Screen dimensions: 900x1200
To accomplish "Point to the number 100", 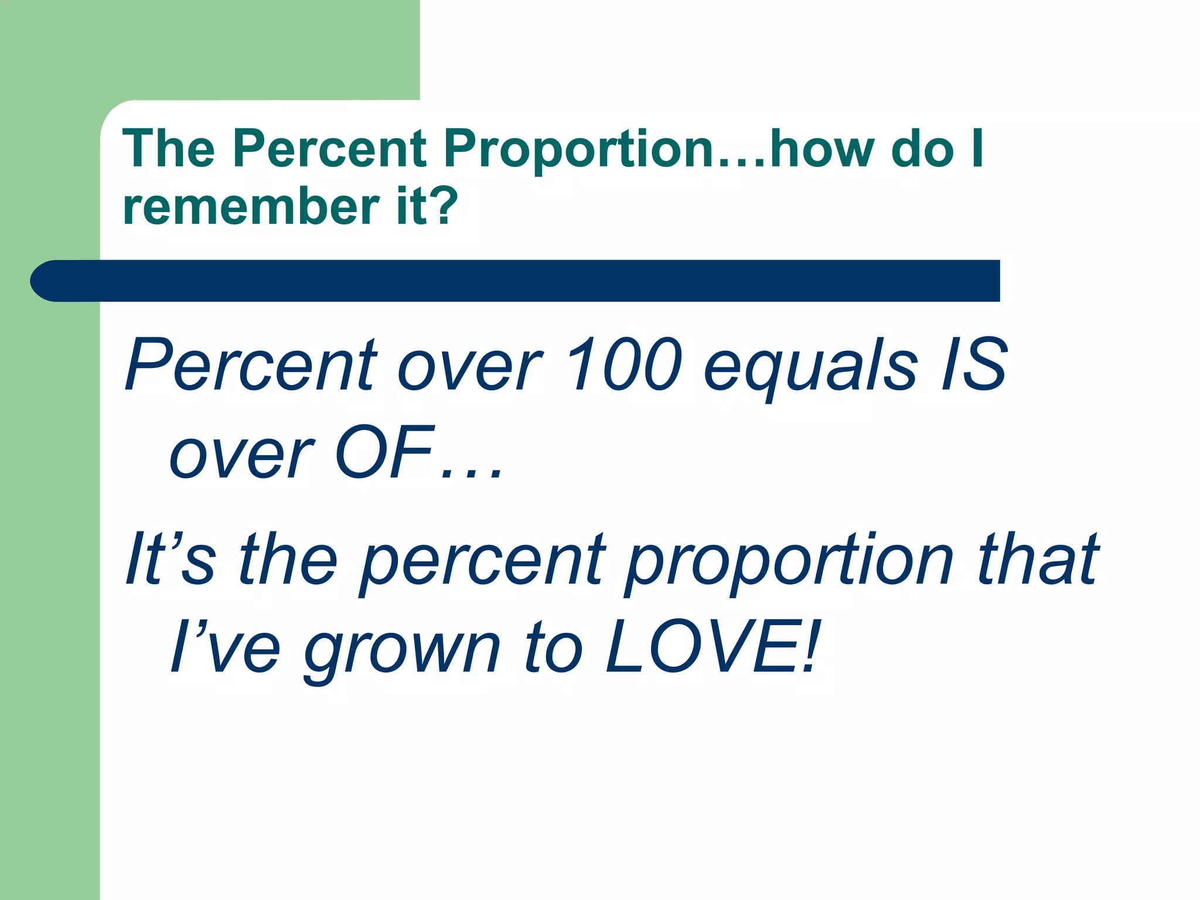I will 624,364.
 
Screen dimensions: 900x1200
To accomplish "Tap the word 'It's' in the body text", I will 170,560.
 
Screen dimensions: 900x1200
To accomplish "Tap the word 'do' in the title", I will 922,149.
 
